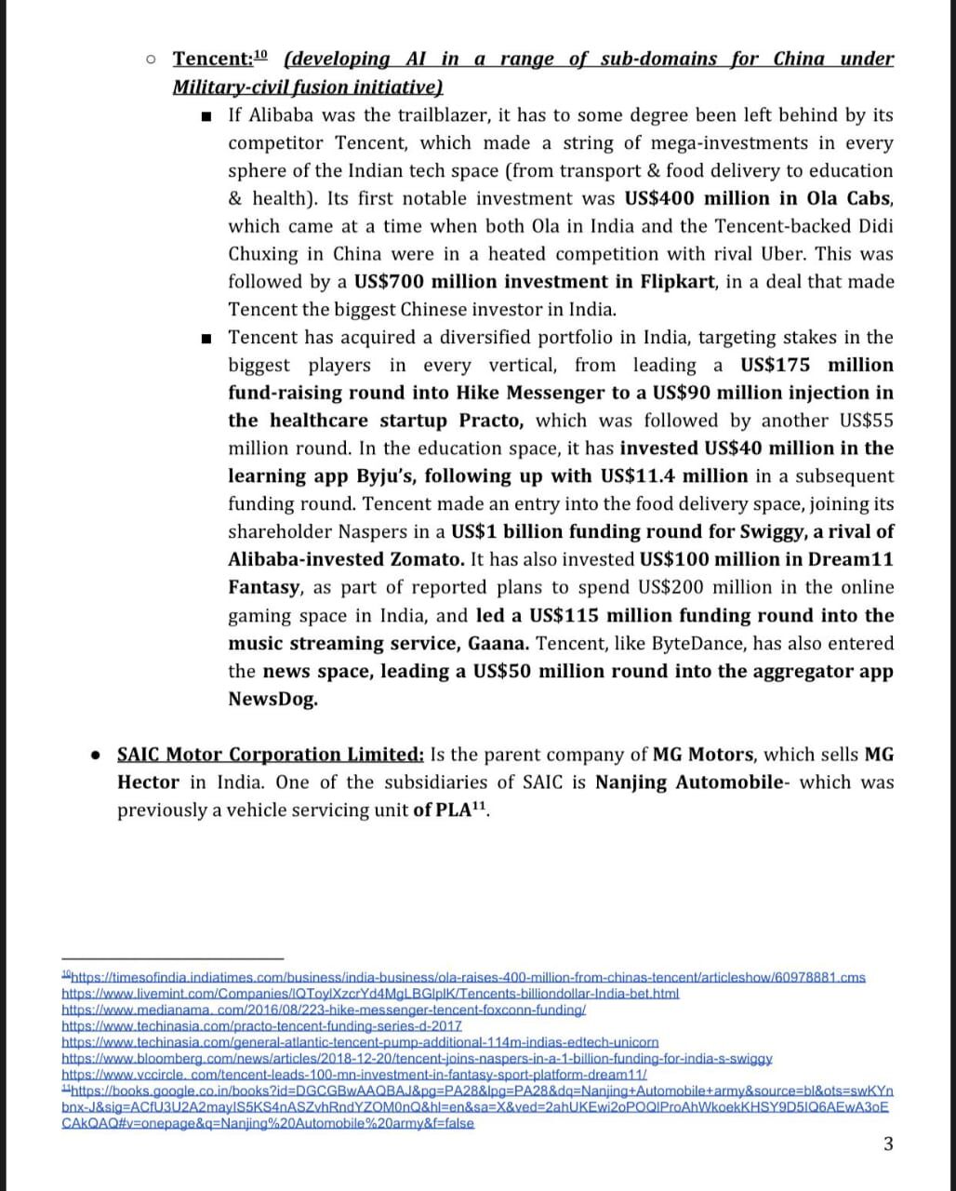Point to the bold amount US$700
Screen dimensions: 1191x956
(x=390, y=282)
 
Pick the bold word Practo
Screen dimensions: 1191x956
(x=492, y=421)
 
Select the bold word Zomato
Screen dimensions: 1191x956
(x=428, y=560)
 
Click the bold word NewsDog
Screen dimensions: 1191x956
(x=272, y=700)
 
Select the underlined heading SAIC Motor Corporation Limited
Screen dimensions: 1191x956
(x=270, y=755)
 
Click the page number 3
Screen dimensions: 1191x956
(x=887, y=1144)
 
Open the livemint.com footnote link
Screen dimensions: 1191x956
(x=370, y=994)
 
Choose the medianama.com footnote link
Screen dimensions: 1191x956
(x=323, y=1010)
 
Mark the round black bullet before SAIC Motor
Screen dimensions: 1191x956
(x=95, y=755)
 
